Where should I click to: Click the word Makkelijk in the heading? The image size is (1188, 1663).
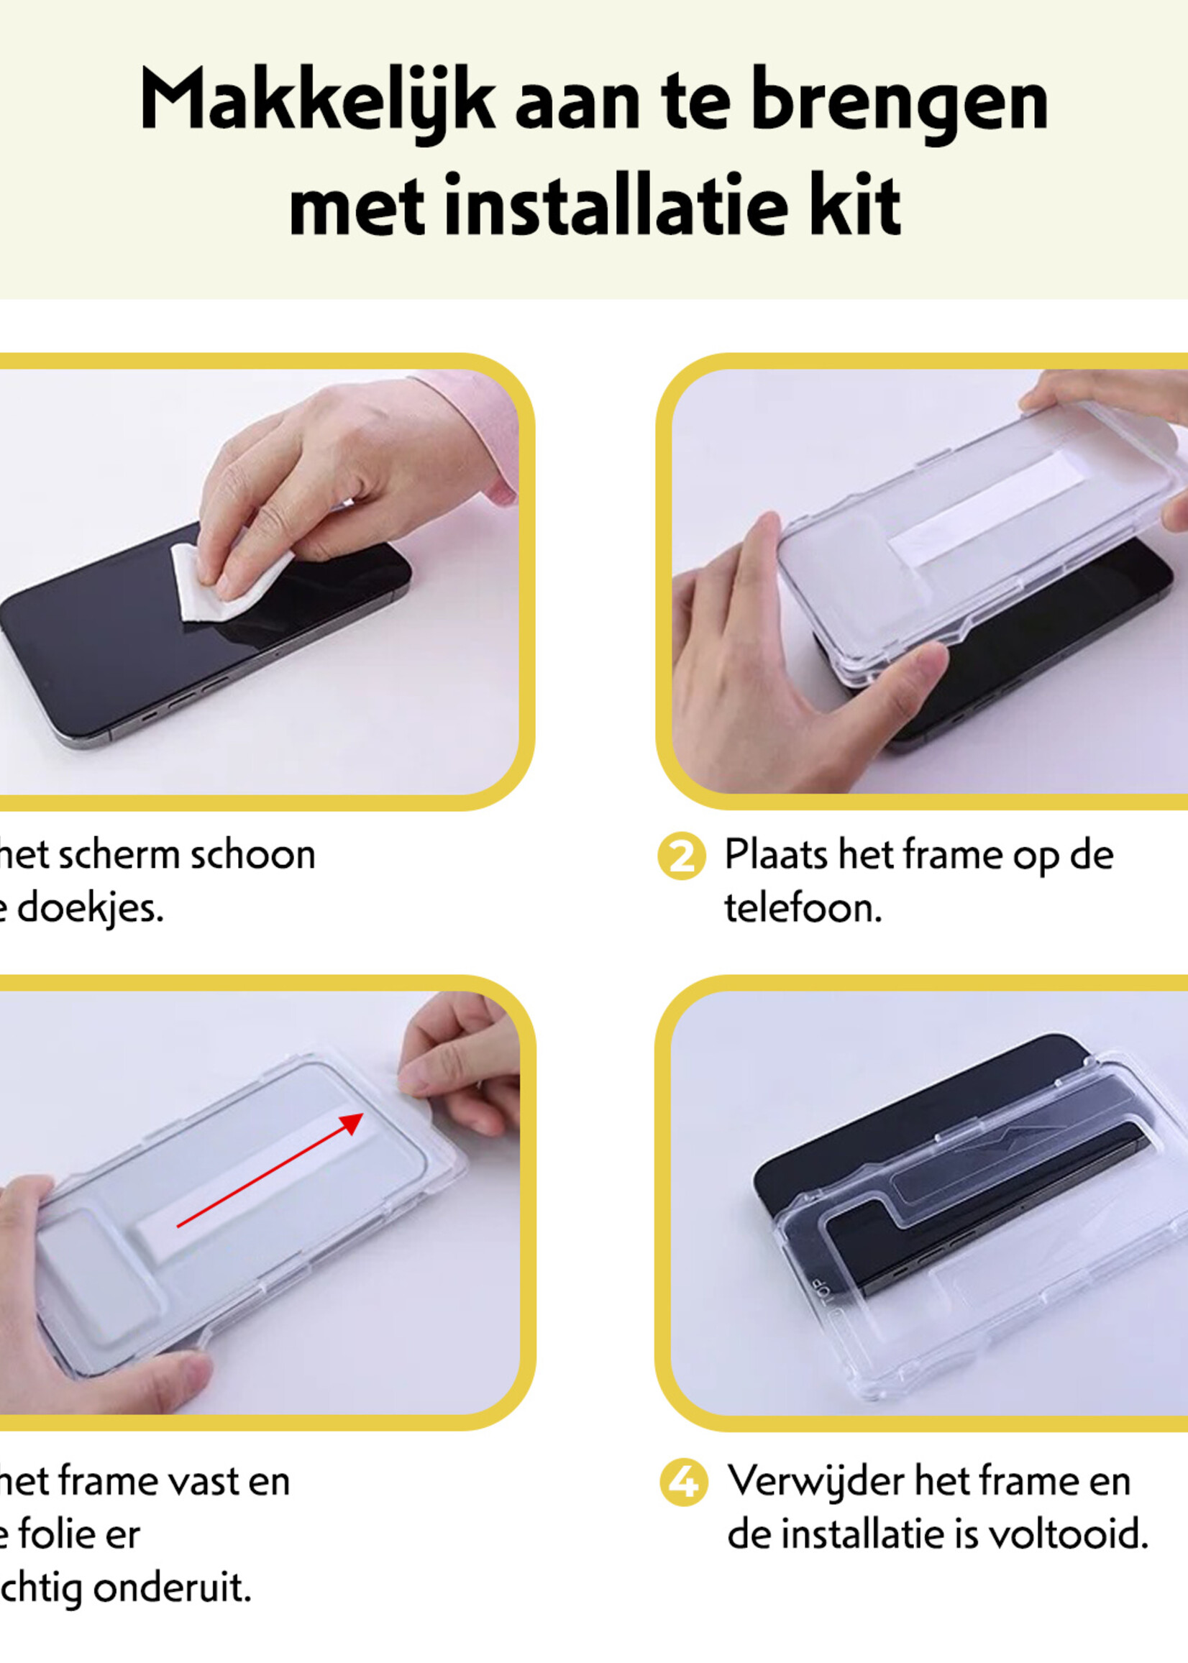pos(317,101)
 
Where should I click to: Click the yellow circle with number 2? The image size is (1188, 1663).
pos(681,856)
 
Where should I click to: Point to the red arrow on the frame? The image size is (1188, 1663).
pos(270,1169)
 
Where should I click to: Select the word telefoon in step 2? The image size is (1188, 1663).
pos(803,908)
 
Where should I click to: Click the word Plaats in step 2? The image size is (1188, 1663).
pos(775,855)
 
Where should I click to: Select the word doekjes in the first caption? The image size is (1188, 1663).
pos(89,910)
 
